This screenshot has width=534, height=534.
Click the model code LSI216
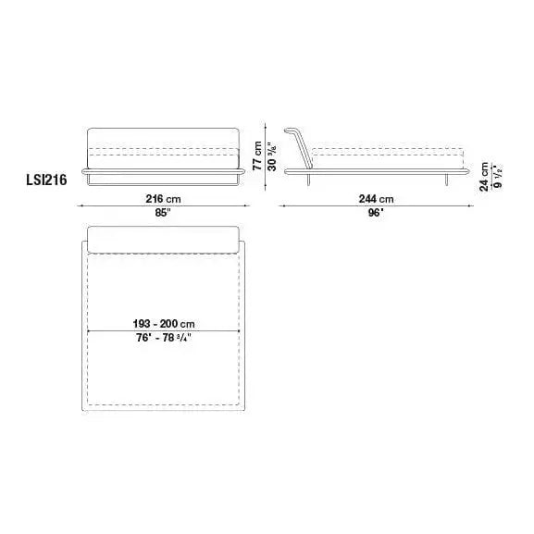click(x=46, y=180)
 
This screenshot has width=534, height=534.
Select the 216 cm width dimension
click(x=163, y=199)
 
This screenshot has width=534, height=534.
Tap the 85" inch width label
click(x=163, y=213)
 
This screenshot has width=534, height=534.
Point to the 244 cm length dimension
click(x=376, y=199)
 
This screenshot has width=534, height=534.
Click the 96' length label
click(x=376, y=213)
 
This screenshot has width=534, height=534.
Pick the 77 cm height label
click(x=257, y=155)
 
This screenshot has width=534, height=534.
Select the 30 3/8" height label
click(x=272, y=157)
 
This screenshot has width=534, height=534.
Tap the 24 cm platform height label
click(x=484, y=177)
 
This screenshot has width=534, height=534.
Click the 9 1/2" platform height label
click(x=498, y=178)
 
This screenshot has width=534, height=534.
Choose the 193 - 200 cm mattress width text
click(x=164, y=324)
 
